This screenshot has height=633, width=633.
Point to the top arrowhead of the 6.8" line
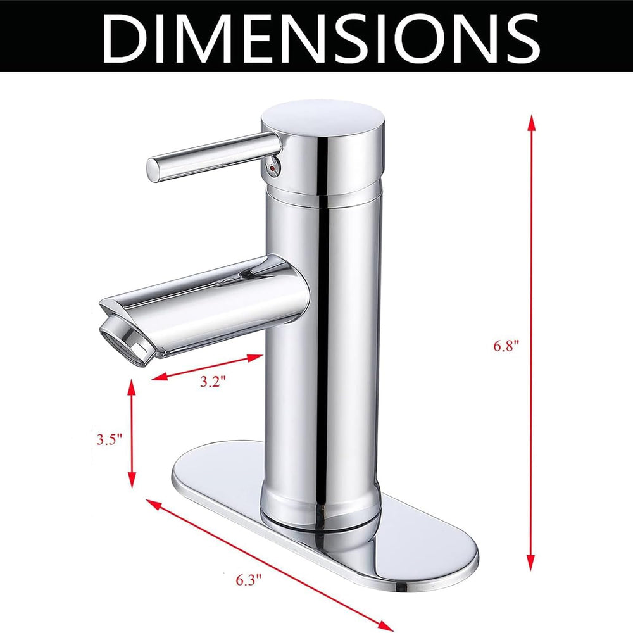(532, 120)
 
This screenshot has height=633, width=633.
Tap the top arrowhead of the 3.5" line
(132, 384)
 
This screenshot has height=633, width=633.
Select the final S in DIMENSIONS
(518, 37)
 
